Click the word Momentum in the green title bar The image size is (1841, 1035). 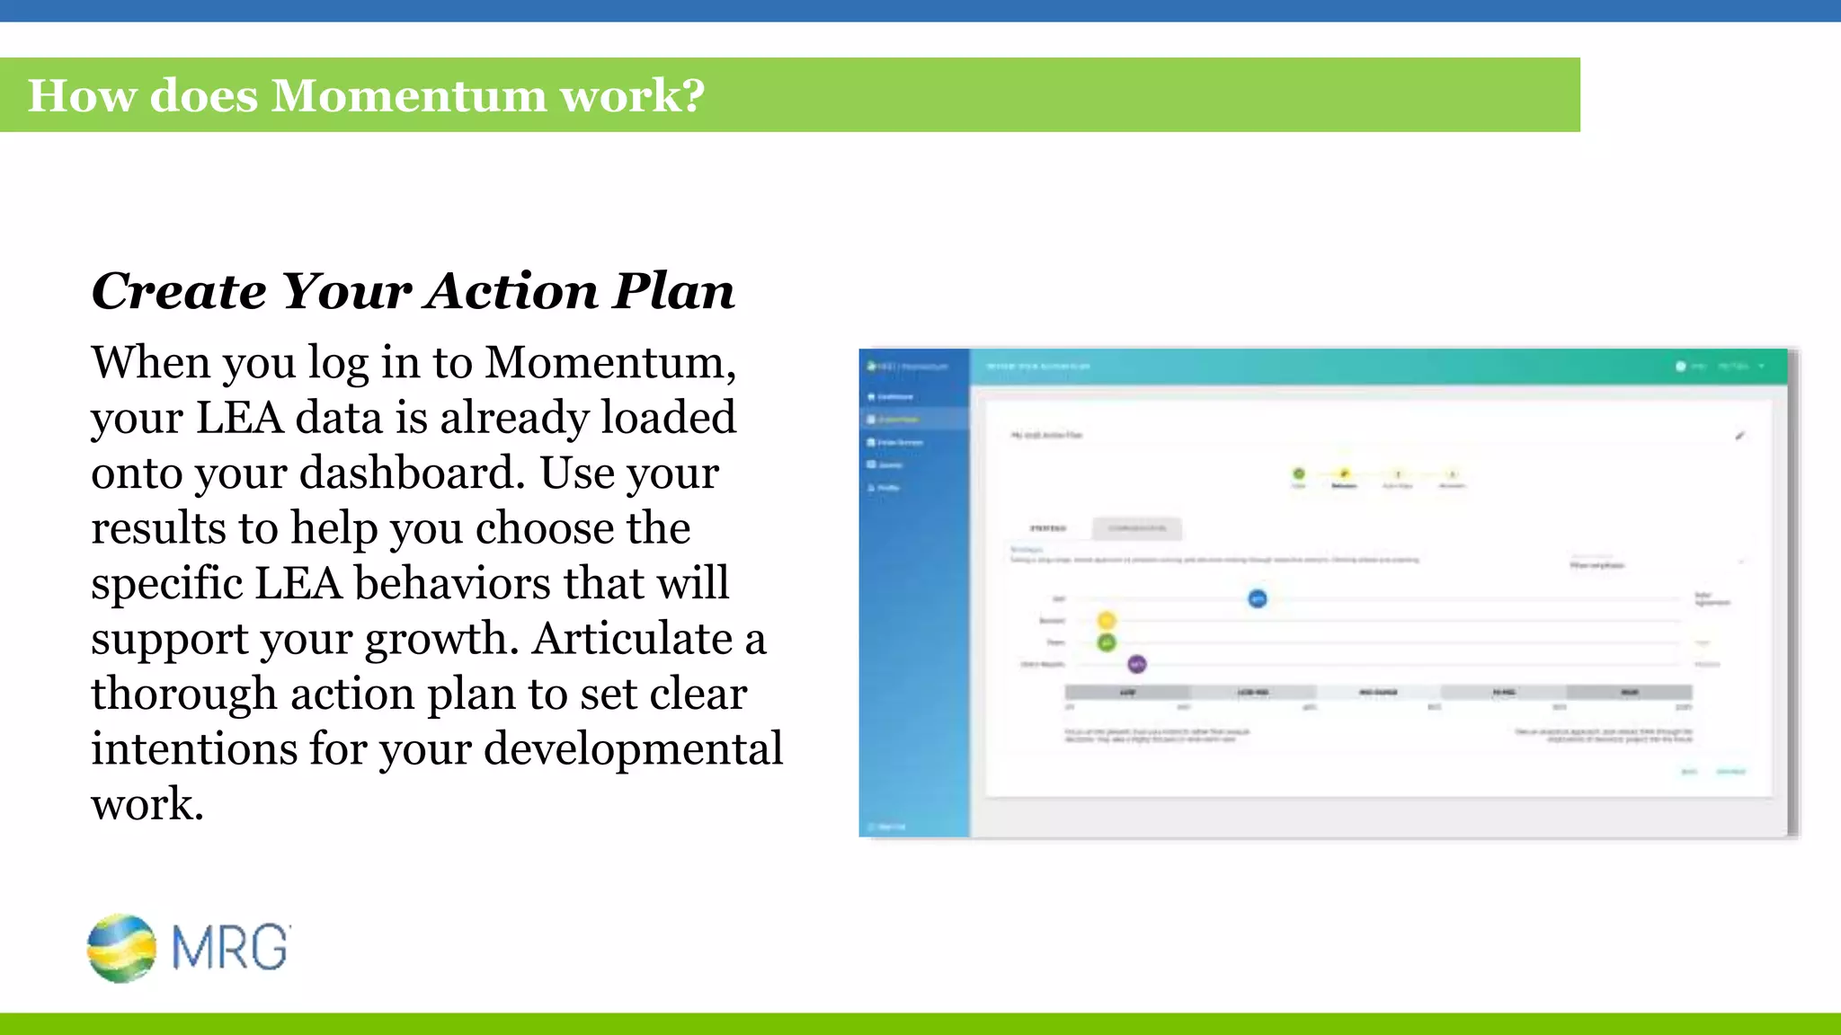pos(408,96)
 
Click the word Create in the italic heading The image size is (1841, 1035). pos(179,291)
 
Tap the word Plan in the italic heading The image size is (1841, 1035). pos(674,291)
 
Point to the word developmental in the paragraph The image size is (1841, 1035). pos(633,749)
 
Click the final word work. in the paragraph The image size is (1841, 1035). pos(147,804)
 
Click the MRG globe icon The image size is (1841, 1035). pos(121,948)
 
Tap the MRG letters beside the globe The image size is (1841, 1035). pos(230,948)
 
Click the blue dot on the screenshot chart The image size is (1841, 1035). pos(1258,598)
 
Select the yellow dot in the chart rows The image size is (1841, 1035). pos(1107,620)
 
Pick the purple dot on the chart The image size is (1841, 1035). pos(1137,664)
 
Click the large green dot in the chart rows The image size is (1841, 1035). pos(1107,642)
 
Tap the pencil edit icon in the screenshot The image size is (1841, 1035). pos(1739,436)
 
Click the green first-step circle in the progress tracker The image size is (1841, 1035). pos(1299,473)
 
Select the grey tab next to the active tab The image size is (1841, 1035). pos(1137,528)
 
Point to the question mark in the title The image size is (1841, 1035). pos(693,96)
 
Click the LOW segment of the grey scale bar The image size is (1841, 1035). pos(1127,693)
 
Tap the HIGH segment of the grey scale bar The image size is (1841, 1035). pos(1629,693)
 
